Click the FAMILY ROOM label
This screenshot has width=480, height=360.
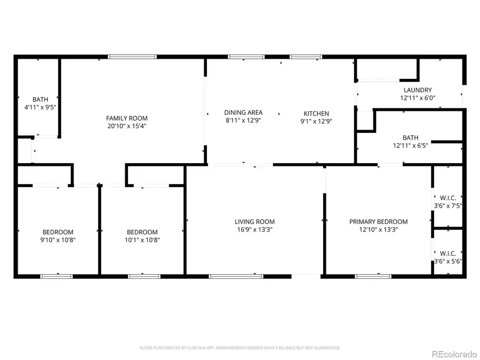click(x=126, y=118)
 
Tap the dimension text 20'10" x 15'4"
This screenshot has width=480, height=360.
click(x=126, y=126)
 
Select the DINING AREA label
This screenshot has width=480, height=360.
click(x=243, y=113)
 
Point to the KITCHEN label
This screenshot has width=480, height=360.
click(x=316, y=114)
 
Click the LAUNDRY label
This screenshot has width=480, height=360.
click(x=417, y=90)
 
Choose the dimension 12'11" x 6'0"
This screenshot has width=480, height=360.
click(x=417, y=98)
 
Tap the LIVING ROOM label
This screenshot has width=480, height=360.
click(x=255, y=222)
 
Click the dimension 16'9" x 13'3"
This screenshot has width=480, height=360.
click(x=255, y=230)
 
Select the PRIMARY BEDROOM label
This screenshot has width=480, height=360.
click(x=378, y=222)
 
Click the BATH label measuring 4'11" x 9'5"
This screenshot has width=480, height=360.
click(x=40, y=99)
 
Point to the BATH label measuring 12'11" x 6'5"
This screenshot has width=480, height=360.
click(x=411, y=137)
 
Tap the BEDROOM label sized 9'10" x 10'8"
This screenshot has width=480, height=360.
click(x=58, y=232)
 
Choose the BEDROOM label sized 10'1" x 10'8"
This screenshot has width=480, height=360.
click(x=142, y=232)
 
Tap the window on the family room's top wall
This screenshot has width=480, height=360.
click(x=132, y=56)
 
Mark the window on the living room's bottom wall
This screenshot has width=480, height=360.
click(x=235, y=276)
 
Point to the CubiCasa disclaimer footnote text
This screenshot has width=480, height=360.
click(x=239, y=348)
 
